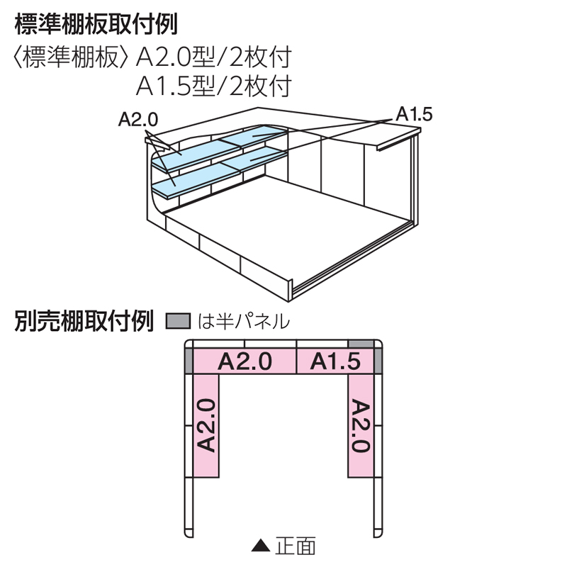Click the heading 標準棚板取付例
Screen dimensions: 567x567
point(96,26)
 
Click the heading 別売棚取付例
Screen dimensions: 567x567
point(84,321)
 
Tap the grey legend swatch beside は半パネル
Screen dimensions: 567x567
point(179,321)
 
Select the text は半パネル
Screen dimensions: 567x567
point(244,321)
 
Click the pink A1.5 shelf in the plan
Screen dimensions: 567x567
point(335,361)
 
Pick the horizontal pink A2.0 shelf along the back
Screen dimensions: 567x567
point(245,361)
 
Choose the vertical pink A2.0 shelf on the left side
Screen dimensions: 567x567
point(206,426)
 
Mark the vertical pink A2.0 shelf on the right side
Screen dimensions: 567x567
point(361,426)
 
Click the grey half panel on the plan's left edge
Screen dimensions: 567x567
point(189,361)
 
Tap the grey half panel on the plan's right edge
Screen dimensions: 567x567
point(378,361)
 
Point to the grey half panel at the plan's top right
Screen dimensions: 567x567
point(361,344)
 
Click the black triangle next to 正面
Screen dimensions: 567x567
point(261,546)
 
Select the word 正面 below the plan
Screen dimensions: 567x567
point(296,546)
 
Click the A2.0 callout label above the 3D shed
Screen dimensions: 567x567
point(138,119)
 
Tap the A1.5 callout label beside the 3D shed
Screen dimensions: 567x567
point(414,114)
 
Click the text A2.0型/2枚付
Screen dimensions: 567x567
point(214,57)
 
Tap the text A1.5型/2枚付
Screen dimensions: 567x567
point(214,86)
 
